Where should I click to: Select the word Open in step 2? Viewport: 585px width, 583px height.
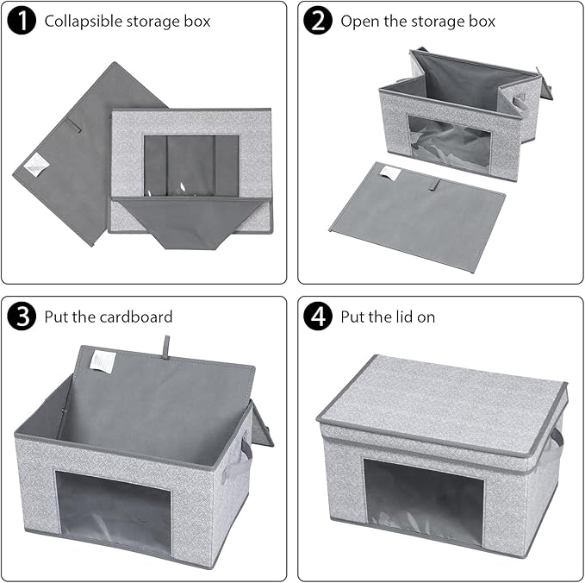pyautogui.click(x=359, y=21)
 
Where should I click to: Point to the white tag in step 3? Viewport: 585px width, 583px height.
pyautogui.click(x=103, y=360)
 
